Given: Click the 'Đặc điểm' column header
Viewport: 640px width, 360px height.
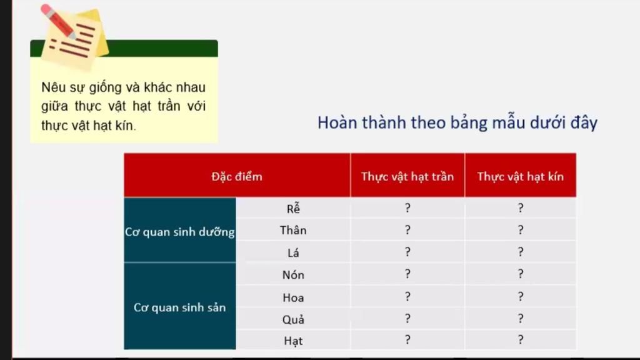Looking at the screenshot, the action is point(237,176).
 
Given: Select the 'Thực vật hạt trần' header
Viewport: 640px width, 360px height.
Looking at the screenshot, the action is point(407,176).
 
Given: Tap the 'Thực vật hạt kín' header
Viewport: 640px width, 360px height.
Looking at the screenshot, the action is point(521,176).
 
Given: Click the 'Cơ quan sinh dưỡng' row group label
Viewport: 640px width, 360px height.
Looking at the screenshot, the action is point(179,232).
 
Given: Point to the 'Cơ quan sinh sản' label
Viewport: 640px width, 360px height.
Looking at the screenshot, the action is point(179,307).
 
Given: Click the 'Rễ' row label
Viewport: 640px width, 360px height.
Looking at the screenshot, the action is point(293,208).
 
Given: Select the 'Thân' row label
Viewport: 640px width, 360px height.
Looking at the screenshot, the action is point(293,230).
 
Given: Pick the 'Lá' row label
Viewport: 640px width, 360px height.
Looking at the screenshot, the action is point(293,252).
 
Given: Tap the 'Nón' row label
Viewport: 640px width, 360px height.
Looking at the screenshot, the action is point(293,275).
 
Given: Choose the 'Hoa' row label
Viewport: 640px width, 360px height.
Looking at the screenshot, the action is point(293,297).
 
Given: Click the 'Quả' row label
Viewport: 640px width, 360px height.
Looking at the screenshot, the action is point(293,319).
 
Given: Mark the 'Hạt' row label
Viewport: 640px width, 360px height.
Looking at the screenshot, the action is point(293,341).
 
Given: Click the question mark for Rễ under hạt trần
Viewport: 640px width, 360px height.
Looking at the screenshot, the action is point(407,208).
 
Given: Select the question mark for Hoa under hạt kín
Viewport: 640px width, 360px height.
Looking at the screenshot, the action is point(521,297).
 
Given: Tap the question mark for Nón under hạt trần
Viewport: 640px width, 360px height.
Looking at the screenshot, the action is point(407,274).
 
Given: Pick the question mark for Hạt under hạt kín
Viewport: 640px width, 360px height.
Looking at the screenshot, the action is point(521,340).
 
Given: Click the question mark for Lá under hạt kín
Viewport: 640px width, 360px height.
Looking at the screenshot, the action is point(521,252).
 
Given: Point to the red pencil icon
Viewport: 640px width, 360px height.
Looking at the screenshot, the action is point(58,22).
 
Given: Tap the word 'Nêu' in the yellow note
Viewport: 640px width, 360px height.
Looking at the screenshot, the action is point(53,87).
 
